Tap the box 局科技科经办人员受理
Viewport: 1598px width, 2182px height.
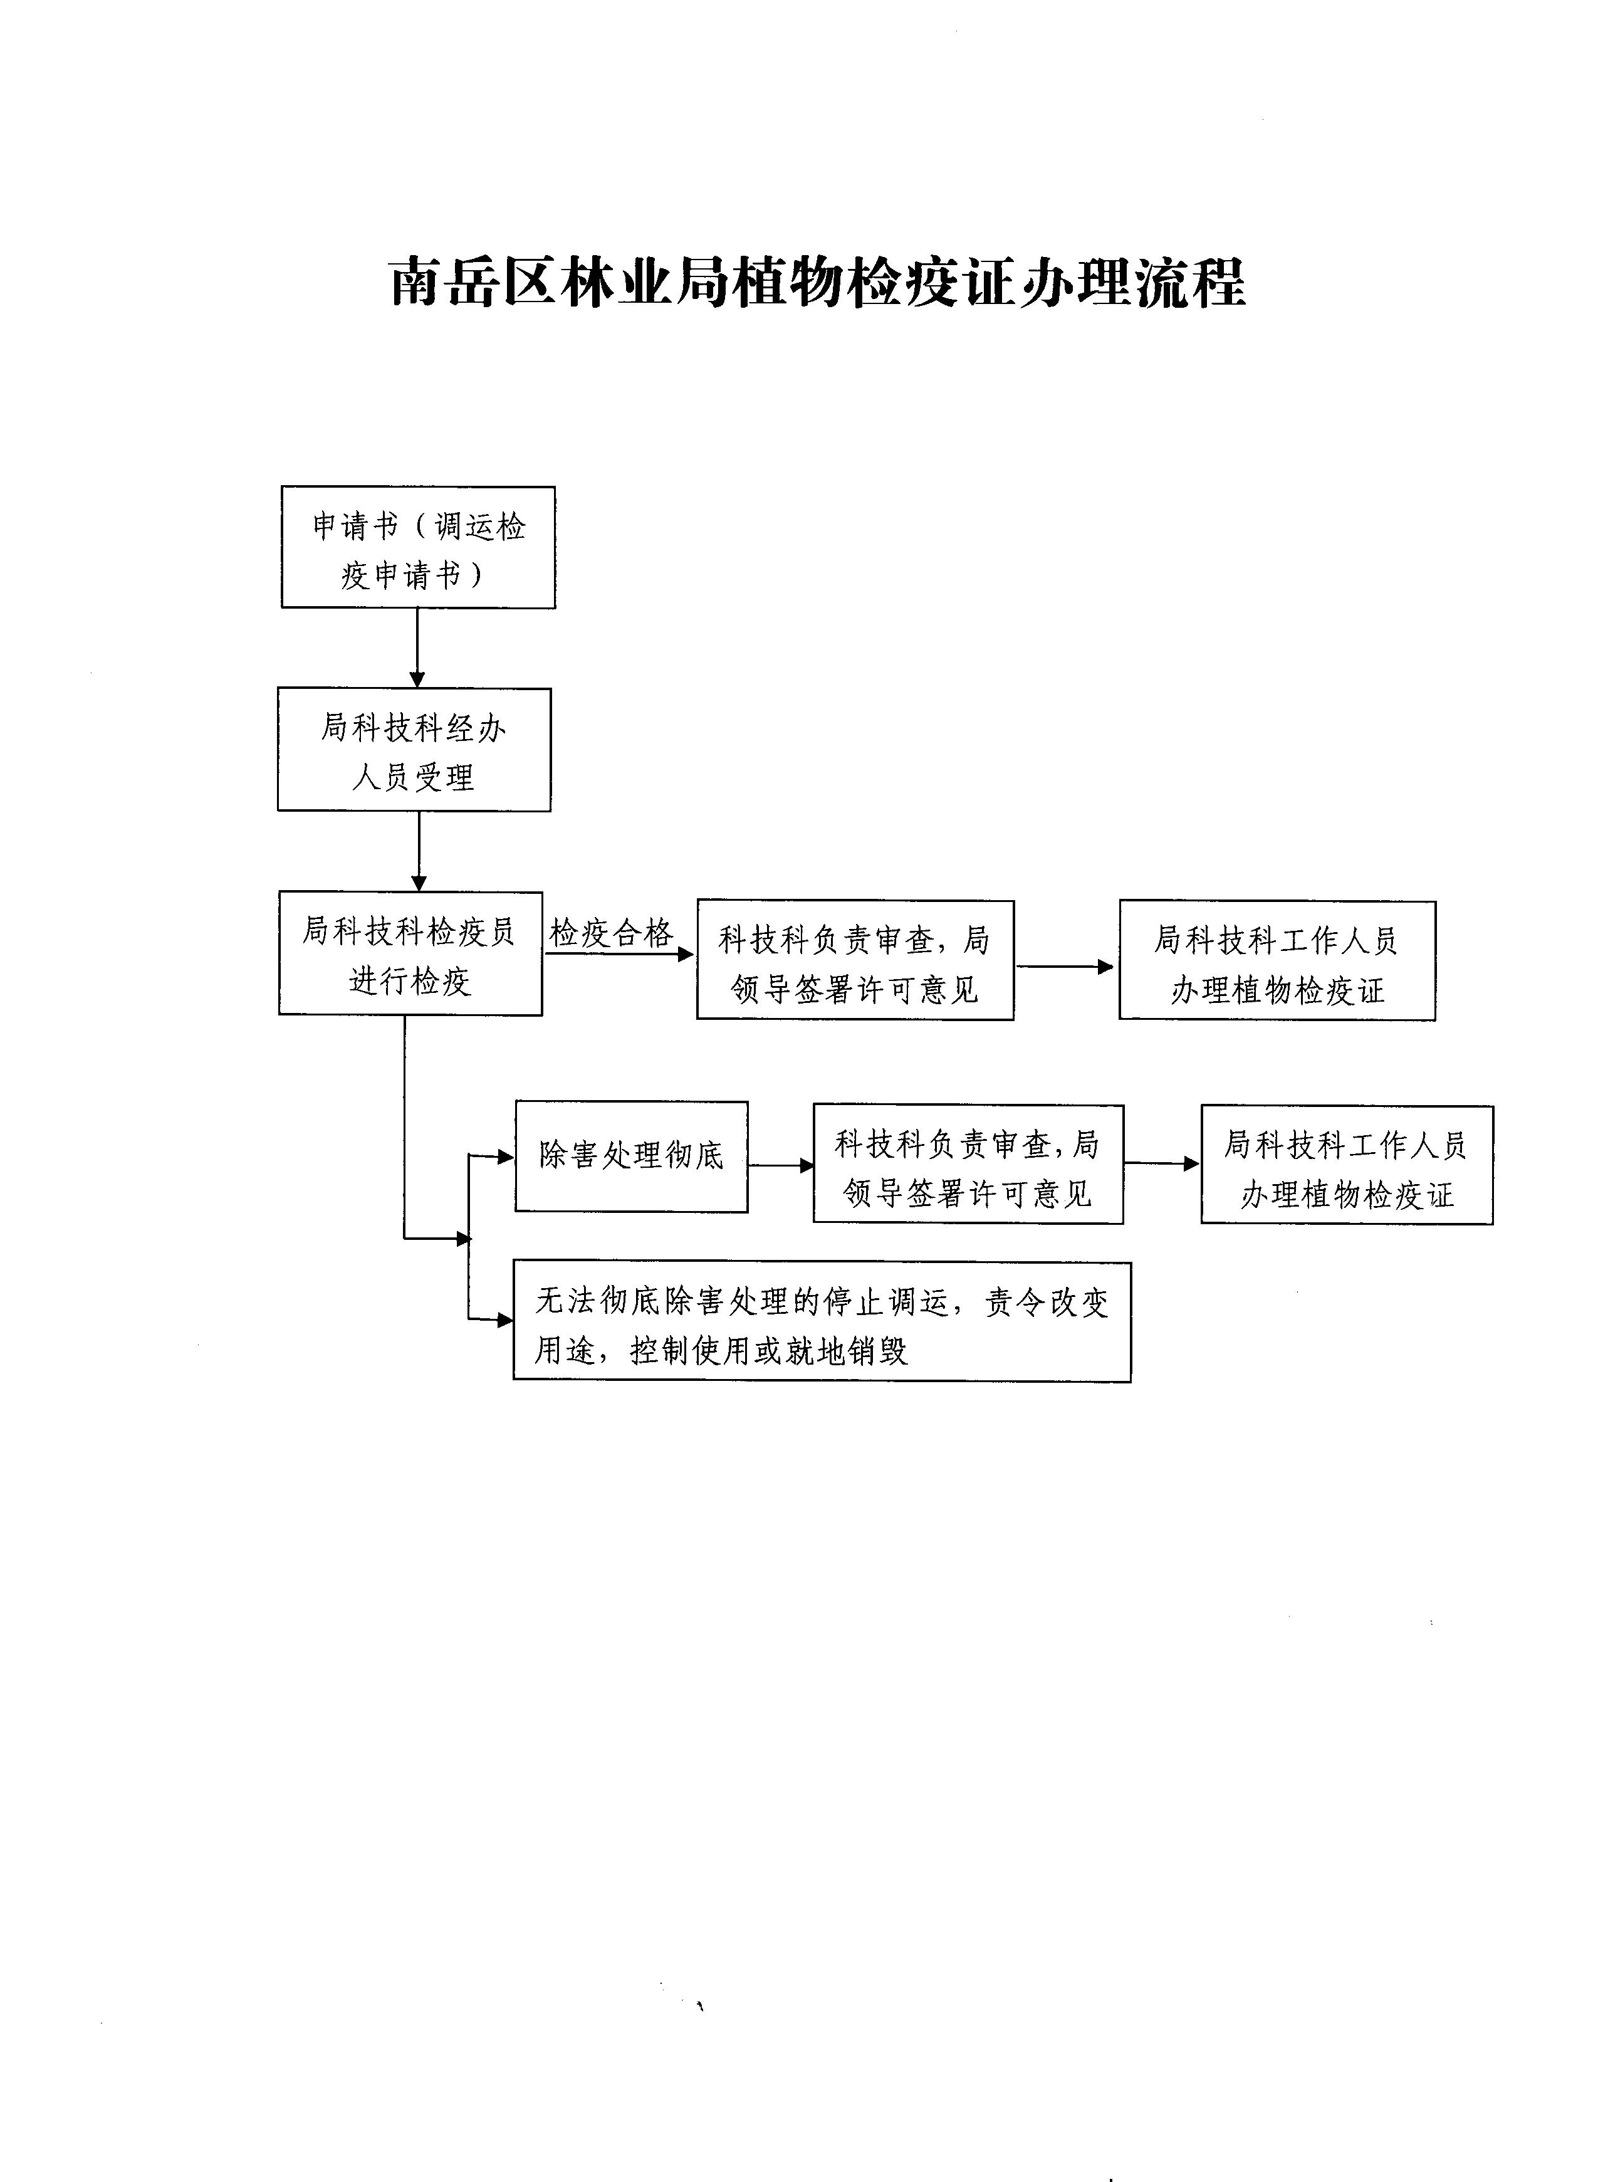tap(414, 750)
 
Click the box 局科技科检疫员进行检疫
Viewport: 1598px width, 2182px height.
tap(410, 954)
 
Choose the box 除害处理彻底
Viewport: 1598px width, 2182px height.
tap(630, 1157)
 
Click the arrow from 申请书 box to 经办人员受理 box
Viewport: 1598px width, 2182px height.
tap(418, 648)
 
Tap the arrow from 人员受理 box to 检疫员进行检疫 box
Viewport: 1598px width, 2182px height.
tap(419, 851)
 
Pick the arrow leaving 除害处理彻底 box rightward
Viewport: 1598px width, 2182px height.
tap(781, 1166)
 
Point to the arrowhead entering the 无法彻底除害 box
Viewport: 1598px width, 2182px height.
tap(505, 1320)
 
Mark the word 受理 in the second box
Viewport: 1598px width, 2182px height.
tap(445, 777)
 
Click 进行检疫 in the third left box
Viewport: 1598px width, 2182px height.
tap(410, 981)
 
